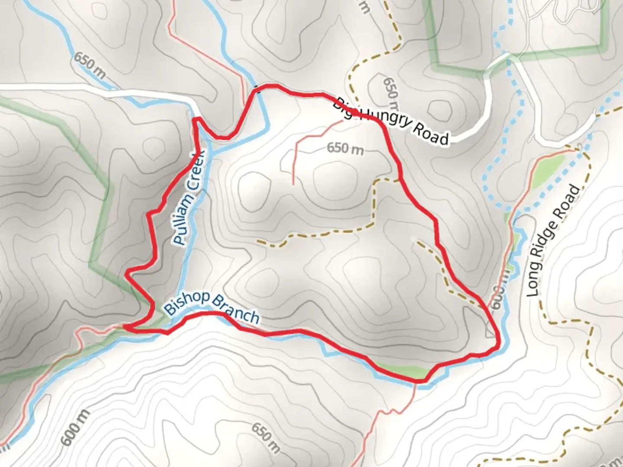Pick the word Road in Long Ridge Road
571,201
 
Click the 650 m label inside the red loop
345,148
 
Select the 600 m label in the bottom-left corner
76,427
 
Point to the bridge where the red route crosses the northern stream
259,90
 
